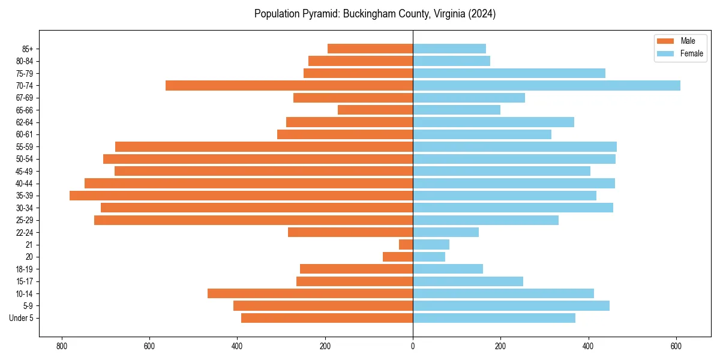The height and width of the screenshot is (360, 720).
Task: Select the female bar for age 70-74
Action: (x=547, y=86)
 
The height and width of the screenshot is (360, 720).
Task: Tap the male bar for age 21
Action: (x=406, y=245)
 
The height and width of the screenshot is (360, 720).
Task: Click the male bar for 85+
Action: (x=370, y=49)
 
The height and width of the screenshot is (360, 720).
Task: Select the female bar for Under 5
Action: (x=494, y=318)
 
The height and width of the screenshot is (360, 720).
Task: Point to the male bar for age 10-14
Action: (x=310, y=293)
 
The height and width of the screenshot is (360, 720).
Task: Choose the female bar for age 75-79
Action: (x=509, y=73)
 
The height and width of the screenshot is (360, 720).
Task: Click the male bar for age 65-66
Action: (x=375, y=110)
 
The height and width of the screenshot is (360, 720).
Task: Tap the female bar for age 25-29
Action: (x=485, y=220)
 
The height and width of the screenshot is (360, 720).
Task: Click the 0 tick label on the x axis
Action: (x=413, y=346)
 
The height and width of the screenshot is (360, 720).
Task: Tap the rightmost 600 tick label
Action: (x=676, y=346)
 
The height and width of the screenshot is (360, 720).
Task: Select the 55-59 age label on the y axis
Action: (x=25, y=147)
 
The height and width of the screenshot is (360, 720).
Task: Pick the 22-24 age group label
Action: (x=25, y=233)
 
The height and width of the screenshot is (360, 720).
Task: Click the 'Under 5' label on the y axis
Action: (x=22, y=318)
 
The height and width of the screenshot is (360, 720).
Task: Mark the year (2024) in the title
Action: (x=479, y=14)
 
